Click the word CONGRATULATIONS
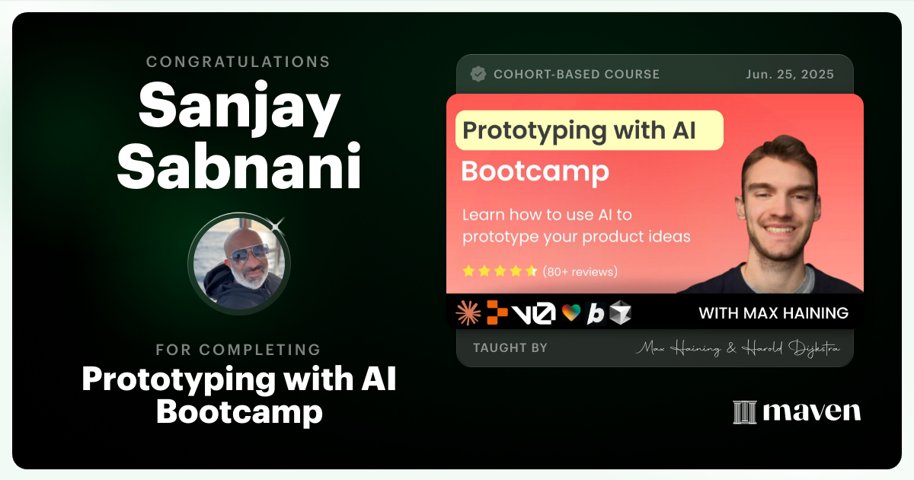(238, 62)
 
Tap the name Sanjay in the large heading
(238, 107)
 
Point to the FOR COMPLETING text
(238, 350)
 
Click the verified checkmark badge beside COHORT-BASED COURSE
(478, 74)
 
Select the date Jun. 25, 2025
(791, 74)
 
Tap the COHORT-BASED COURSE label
(577, 74)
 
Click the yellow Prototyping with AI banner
(589, 130)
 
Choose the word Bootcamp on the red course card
(535, 171)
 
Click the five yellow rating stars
(500, 271)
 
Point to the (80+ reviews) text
(580, 271)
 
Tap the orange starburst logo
(468, 312)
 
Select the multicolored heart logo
(571, 313)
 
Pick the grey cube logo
(620, 313)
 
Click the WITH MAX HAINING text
(773, 313)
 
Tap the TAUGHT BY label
(510, 348)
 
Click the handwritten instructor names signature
(738, 349)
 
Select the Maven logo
(797, 411)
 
